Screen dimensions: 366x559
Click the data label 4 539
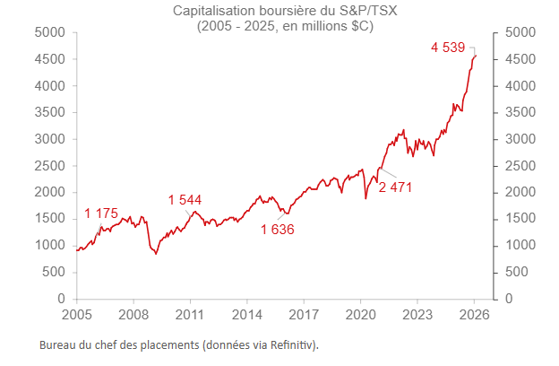[447, 48]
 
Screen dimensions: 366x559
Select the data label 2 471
[395, 187]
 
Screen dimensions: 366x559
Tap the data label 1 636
[278, 229]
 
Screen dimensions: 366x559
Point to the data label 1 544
[185, 200]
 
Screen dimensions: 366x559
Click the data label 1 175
[101, 213]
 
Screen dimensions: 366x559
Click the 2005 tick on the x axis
[77, 316]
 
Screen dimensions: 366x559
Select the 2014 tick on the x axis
[246, 316]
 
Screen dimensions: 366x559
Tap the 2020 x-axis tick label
[360, 316]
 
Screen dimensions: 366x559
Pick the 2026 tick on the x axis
[474, 316]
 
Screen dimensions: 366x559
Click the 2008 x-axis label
[133, 316]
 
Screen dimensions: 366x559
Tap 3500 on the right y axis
[520, 112]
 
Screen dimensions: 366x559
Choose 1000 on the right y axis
[520, 246]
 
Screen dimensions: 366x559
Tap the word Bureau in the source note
[59, 344]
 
